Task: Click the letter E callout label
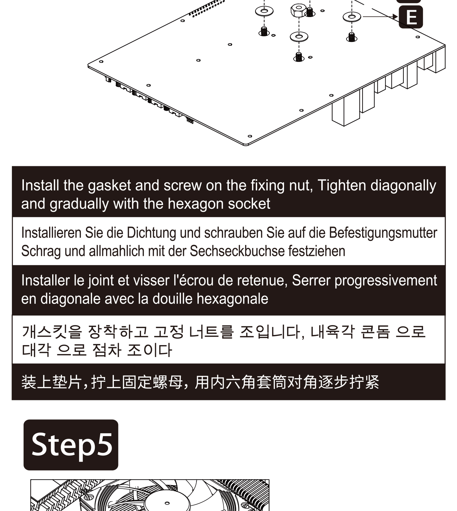[411, 17]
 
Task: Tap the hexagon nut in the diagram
[299, 10]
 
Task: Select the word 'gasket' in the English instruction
[109, 186]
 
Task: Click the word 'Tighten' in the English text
[342, 186]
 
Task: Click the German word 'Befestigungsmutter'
[383, 233]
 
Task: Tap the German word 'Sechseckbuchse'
[237, 251]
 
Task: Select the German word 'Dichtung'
[151, 233]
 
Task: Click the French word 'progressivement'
[385, 280]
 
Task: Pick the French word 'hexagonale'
[232, 299]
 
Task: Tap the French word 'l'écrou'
[193, 280]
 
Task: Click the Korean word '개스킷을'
[52, 332]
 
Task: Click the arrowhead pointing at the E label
[395, 17]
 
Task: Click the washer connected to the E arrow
[352, 17]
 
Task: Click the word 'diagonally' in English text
[403, 186]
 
